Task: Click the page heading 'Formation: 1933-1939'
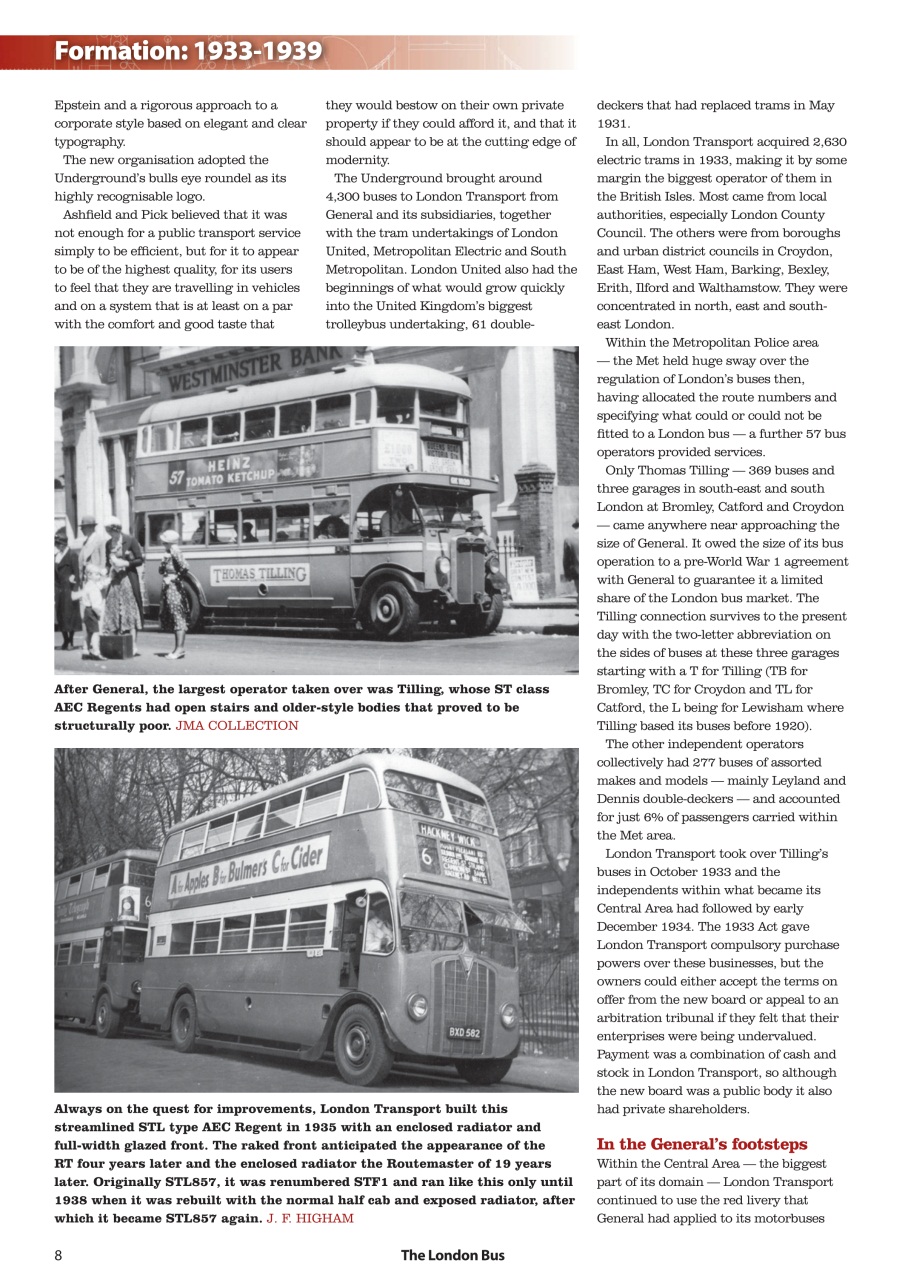pos(188,51)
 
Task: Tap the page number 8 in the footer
pos(59,1255)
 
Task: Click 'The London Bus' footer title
pos(452,1255)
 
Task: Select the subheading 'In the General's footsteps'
pos(701,1144)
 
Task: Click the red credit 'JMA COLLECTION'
pos(237,725)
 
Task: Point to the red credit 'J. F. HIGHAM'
pos(310,1218)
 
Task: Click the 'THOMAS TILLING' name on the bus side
pos(260,574)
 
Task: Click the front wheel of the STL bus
pos(361,1044)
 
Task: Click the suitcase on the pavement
pos(117,645)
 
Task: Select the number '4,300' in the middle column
pos(347,197)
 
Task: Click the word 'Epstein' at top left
pos(77,105)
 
